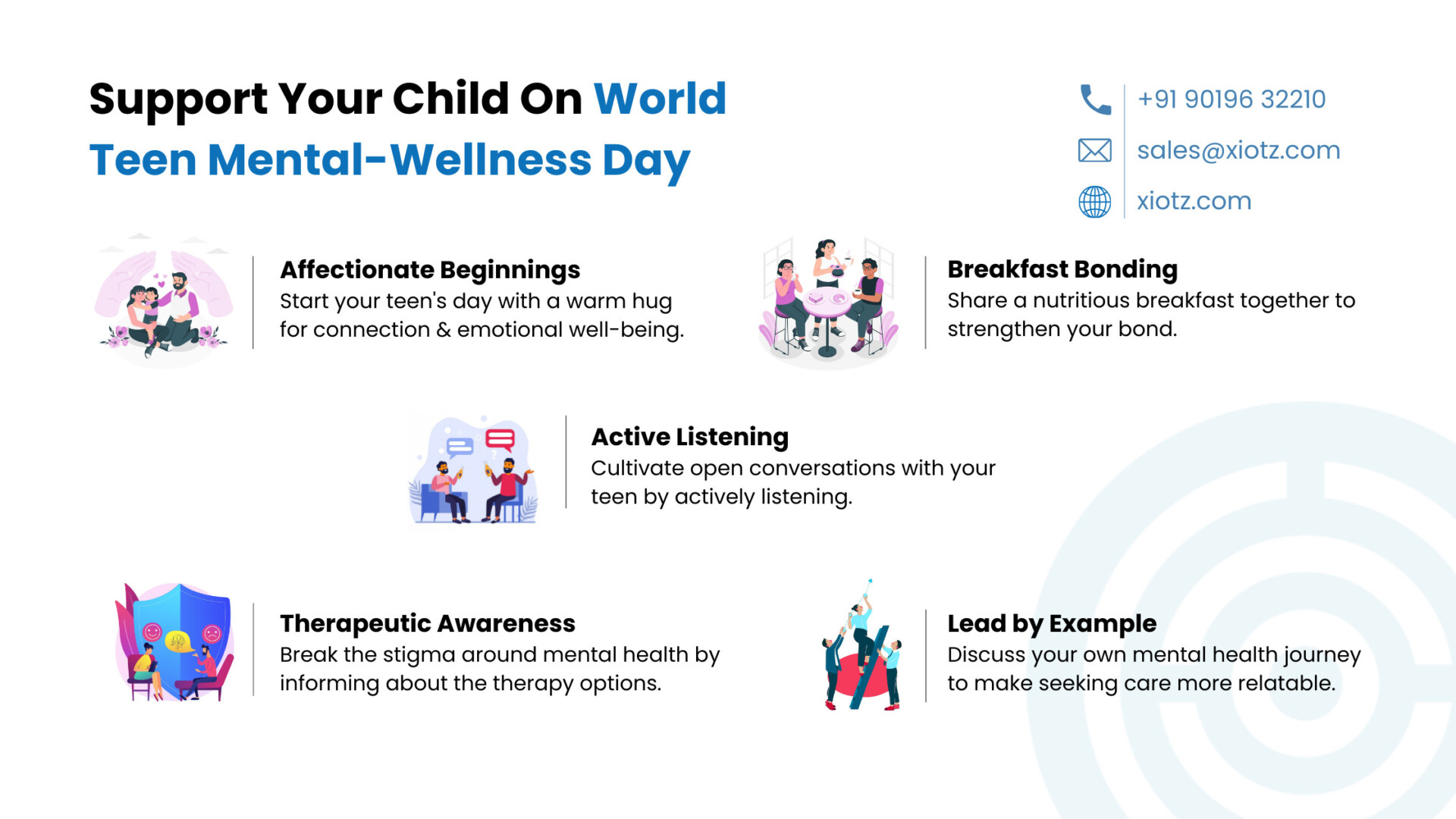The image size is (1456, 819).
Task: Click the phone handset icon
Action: pos(1095,99)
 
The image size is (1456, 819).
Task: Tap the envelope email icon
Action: pos(1095,150)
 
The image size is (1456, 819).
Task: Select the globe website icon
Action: pos(1095,202)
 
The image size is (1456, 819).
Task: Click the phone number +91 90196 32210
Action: pos(1232,99)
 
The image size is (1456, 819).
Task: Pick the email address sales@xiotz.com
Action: pos(1238,150)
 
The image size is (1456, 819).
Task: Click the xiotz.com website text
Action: pos(1194,201)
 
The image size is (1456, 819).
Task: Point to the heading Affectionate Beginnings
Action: pos(430,271)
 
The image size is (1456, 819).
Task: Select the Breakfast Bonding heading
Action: pos(1062,269)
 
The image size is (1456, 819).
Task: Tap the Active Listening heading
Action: pos(690,438)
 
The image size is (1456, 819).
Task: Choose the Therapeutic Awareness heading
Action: pos(428,623)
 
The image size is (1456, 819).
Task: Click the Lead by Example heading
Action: pos(1052,624)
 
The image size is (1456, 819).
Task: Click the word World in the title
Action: pos(660,99)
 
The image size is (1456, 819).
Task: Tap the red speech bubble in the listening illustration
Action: pos(500,440)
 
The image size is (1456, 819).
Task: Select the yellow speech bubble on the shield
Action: pos(177,642)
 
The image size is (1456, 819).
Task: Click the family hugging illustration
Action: pos(165,302)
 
